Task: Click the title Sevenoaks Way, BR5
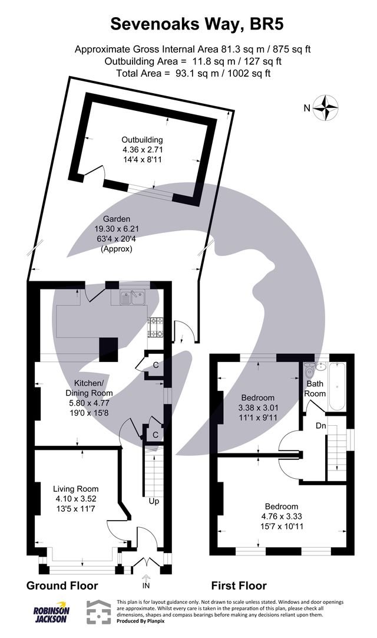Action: [x=188, y=24]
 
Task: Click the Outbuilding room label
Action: [x=141, y=139]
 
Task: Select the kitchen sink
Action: [x=133, y=298]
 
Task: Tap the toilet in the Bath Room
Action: [x=310, y=372]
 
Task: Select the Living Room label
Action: [x=75, y=489]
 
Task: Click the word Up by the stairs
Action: [x=154, y=501]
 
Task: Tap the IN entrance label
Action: [x=146, y=587]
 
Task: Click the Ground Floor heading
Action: [x=62, y=586]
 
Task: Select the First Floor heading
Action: [x=239, y=586]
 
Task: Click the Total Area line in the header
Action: [x=188, y=73]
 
